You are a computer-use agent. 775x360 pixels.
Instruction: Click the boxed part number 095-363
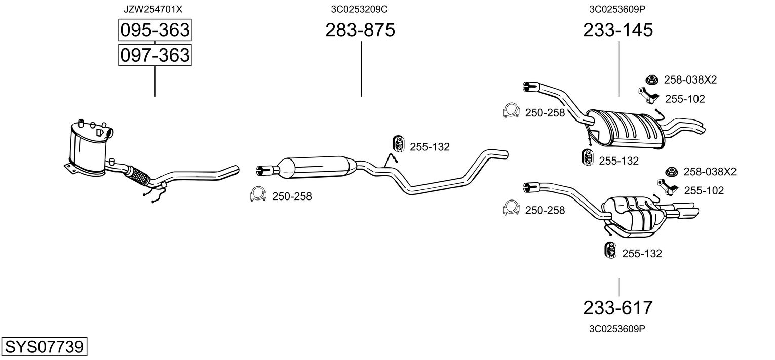click(x=154, y=30)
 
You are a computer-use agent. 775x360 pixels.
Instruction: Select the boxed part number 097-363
click(x=154, y=55)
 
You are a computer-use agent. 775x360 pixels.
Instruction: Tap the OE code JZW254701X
click(x=152, y=9)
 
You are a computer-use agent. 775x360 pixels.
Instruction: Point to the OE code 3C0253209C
click(x=360, y=9)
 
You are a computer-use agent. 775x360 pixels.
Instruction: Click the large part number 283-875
click(x=360, y=30)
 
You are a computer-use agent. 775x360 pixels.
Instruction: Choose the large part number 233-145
click(x=618, y=30)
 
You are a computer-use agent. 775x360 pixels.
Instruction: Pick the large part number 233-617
click(x=618, y=307)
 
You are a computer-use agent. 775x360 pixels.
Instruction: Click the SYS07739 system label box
click(x=44, y=347)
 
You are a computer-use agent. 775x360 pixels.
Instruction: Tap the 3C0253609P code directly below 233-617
click(x=617, y=328)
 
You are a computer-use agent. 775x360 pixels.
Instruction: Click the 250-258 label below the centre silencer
click(x=292, y=196)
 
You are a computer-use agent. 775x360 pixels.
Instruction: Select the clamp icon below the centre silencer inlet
click(x=259, y=194)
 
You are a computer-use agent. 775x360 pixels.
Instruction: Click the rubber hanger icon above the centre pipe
click(x=398, y=144)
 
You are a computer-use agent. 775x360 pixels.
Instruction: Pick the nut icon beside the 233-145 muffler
click(x=651, y=79)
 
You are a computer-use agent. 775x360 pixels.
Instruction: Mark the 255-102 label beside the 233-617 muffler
click(x=704, y=190)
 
